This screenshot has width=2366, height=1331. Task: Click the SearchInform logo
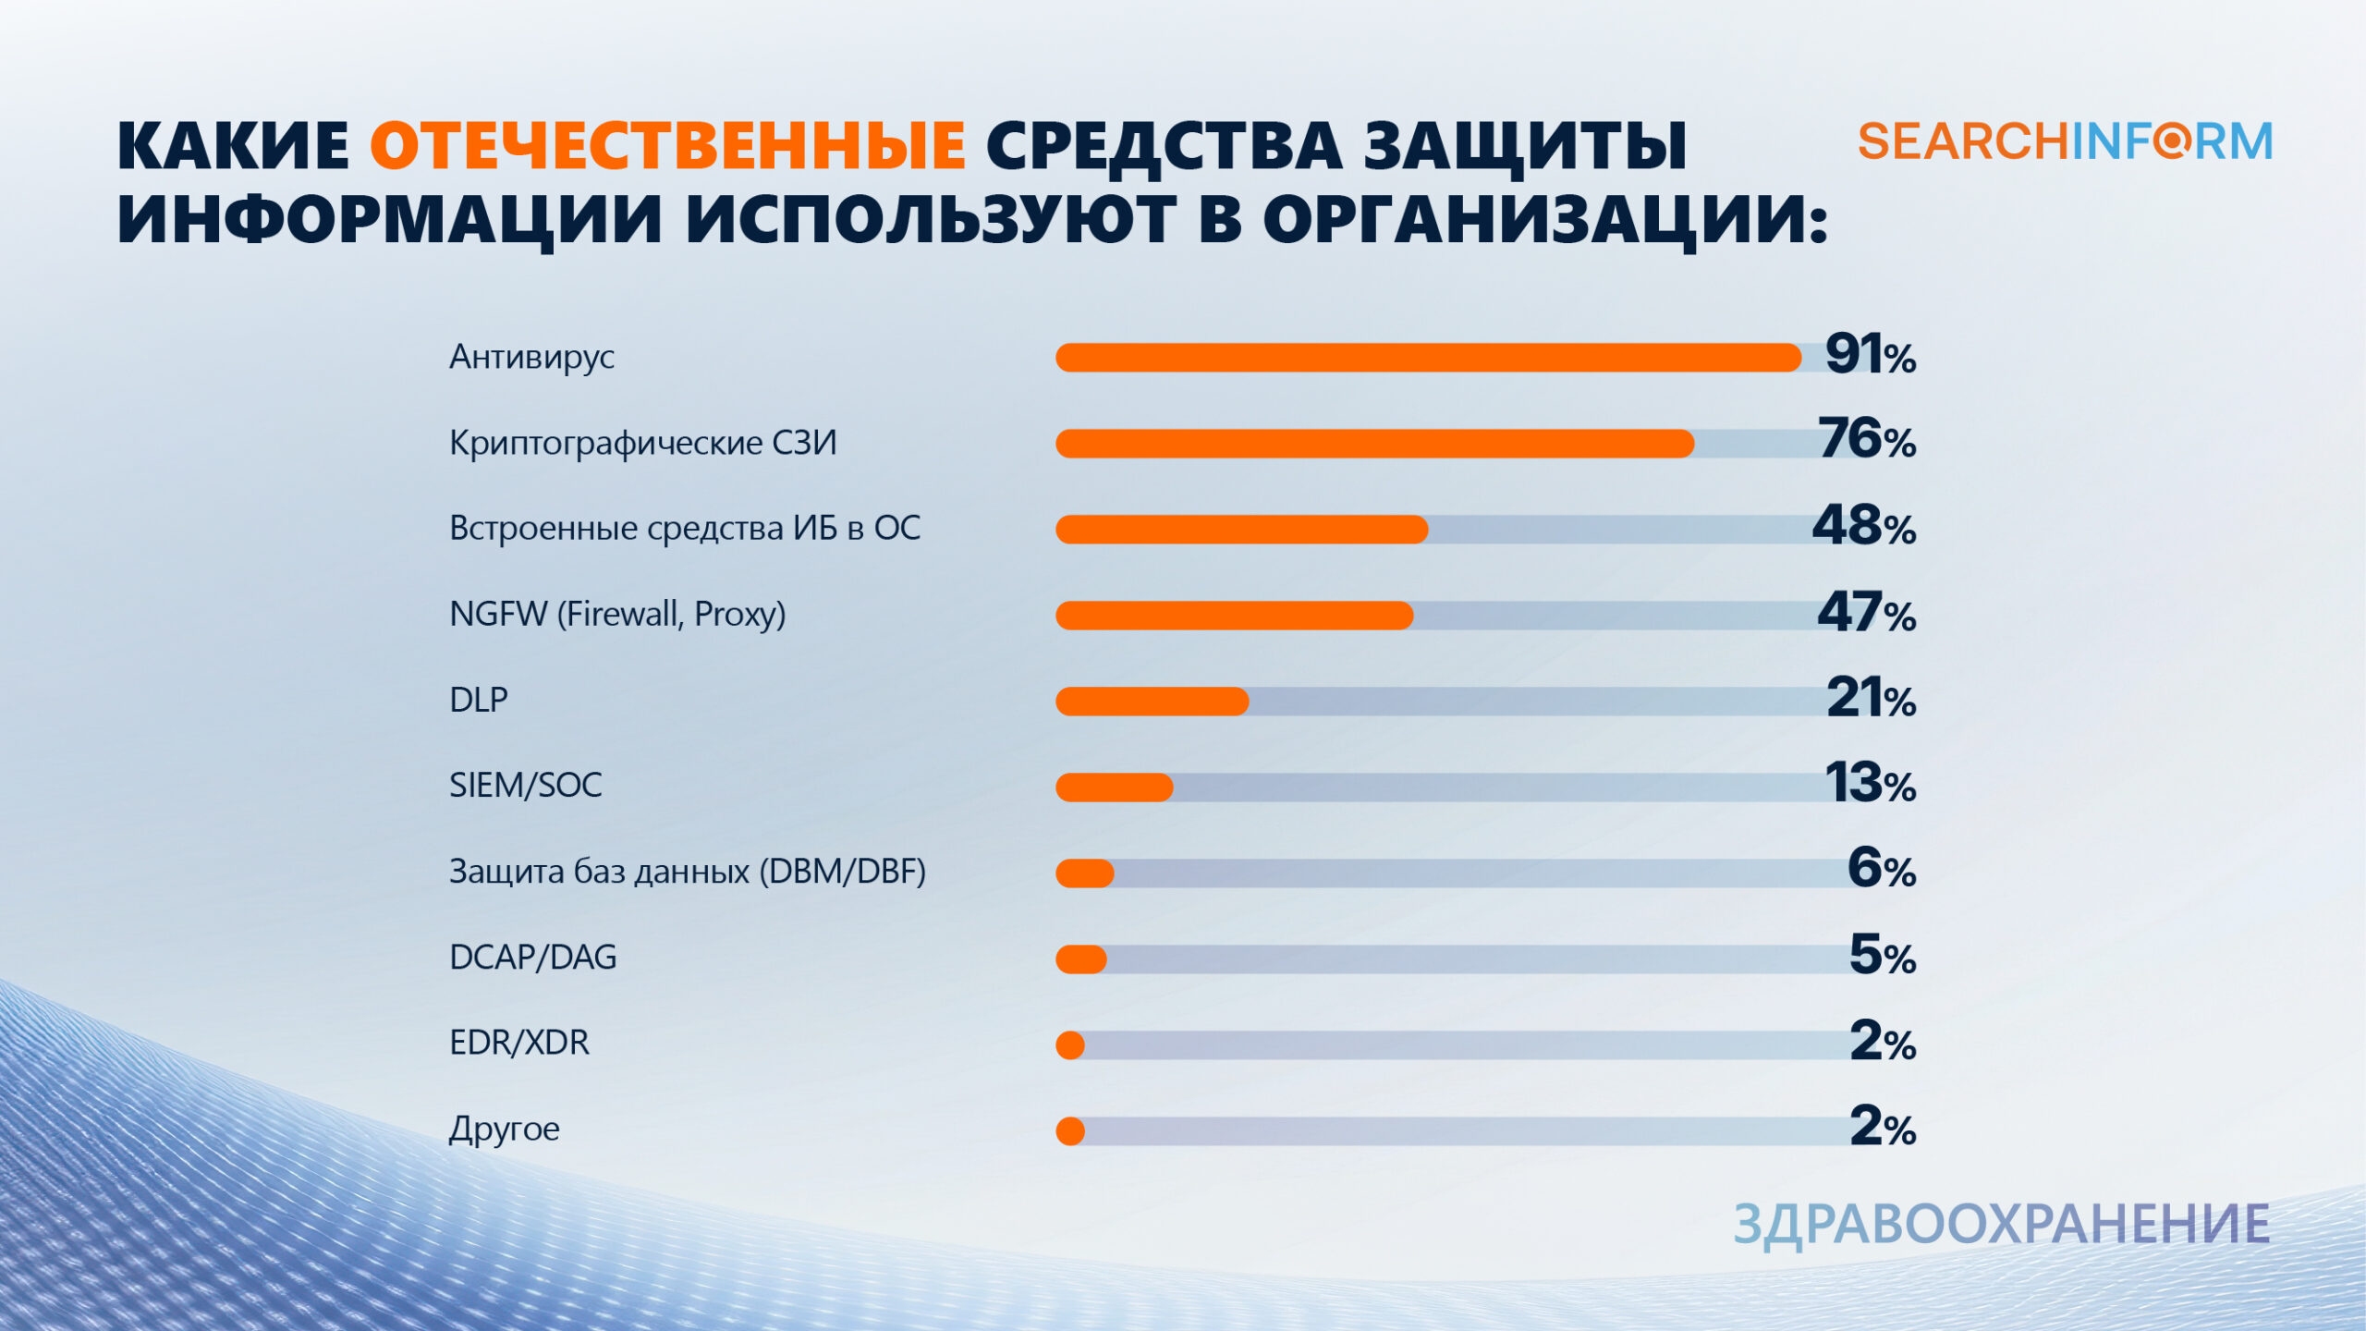click(x=2065, y=142)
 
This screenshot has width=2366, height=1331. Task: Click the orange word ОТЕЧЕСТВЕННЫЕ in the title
click(x=667, y=147)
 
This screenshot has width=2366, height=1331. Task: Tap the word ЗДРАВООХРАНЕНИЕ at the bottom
click(x=2001, y=1225)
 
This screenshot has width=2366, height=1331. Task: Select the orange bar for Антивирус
click(x=1428, y=358)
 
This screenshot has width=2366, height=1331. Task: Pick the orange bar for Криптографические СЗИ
click(x=1374, y=444)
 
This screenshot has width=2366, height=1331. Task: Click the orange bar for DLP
click(x=1152, y=702)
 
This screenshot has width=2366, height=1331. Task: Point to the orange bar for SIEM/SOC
click(x=1114, y=788)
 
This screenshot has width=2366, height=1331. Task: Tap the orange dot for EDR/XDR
click(x=1070, y=1045)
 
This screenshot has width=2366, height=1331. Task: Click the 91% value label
click(x=1870, y=355)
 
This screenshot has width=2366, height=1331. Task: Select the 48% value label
click(x=1863, y=526)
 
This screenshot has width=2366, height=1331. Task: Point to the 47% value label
click(x=1866, y=612)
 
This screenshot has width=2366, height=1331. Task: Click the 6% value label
click(x=1881, y=869)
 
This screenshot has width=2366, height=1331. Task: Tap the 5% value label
click(x=1882, y=955)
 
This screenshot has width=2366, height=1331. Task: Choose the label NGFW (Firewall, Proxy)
click(x=617, y=614)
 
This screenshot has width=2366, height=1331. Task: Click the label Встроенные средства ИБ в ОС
click(x=685, y=528)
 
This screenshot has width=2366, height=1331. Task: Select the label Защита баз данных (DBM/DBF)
click(x=687, y=871)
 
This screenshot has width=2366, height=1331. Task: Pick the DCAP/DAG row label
click(x=532, y=957)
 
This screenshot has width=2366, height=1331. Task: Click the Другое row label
click(x=504, y=1129)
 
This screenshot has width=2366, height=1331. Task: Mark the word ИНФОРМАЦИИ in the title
click(x=389, y=222)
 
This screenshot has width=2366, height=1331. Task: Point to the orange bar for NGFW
click(x=1234, y=616)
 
